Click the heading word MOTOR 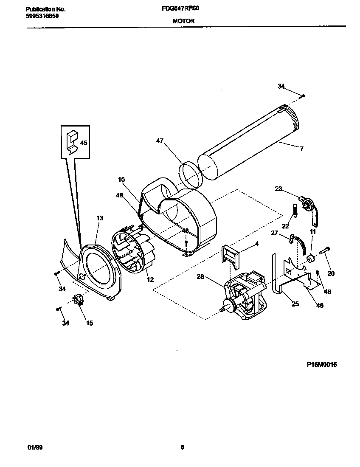pyautogui.click(x=183, y=20)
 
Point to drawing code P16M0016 pyautogui.click(x=321, y=364)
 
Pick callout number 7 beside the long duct pyautogui.click(x=301, y=149)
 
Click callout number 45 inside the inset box pyautogui.click(x=84, y=143)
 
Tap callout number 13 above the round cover pyautogui.click(x=99, y=218)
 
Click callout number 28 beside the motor pyautogui.click(x=201, y=277)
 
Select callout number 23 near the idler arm pyautogui.click(x=278, y=189)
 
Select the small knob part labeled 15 pyautogui.click(x=78, y=300)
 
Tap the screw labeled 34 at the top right pyautogui.click(x=303, y=96)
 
